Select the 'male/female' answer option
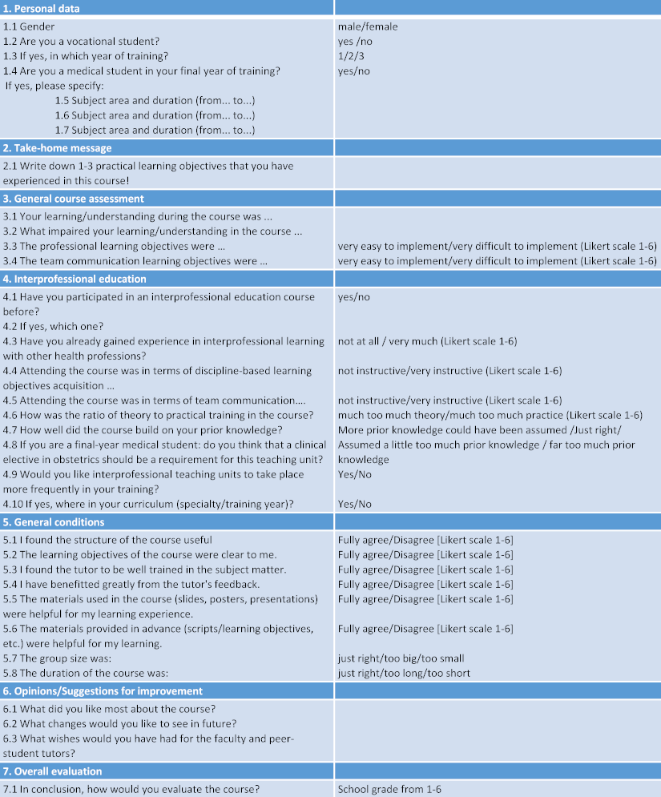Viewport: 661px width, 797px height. coord(368,26)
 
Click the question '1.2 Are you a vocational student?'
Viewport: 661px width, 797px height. coord(81,42)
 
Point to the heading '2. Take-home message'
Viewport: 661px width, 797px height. coord(57,148)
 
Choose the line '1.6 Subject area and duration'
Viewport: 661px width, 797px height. coord(155,115)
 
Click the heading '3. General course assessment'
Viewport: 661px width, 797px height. coord(74,199)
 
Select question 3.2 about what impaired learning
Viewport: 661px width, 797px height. coord(152,231)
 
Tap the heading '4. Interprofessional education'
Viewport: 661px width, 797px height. coord(75,280)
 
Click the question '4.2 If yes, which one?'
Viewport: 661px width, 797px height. coord(54,327)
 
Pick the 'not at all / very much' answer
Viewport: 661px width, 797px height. coord(427,341)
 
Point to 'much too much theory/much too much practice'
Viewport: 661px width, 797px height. coord(490,415)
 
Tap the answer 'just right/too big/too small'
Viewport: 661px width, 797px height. coord(401,658)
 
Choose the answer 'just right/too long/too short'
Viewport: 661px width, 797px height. coord(404,673)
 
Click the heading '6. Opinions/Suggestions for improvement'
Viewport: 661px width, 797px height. coord(103,691)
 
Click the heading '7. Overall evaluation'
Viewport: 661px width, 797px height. coord(52,771)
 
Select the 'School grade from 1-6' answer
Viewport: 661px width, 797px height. coord(389,789)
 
